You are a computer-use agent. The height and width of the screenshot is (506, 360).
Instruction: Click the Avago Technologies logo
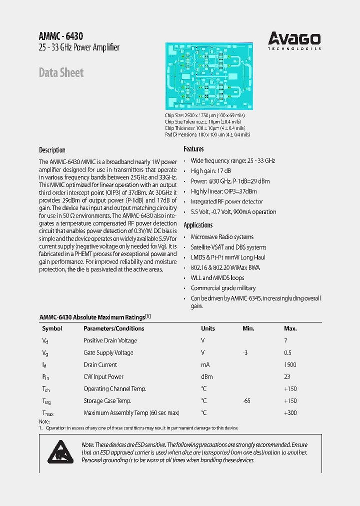[294, 41]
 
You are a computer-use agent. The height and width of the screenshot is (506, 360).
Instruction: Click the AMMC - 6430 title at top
[61, 36]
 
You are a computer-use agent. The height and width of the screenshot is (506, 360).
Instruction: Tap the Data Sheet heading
[61, 72]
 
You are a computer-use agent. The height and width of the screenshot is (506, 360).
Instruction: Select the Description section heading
[52, 150]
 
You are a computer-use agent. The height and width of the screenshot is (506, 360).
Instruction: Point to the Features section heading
[193, 149]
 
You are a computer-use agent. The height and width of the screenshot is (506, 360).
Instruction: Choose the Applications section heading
[198, 225]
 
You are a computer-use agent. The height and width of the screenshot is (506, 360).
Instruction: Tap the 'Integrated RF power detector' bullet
[226, 201]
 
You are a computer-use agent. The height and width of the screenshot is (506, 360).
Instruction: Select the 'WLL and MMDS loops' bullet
[217, 278]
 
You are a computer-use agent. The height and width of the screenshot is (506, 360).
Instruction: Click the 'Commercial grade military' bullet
[222, 288]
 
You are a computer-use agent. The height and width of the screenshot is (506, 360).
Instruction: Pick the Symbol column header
[52, 328]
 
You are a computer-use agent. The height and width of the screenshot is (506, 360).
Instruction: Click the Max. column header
[290, 328]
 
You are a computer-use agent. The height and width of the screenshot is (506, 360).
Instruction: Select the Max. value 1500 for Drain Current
[290, 365]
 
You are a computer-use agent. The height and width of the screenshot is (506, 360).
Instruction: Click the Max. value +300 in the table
[290, 413]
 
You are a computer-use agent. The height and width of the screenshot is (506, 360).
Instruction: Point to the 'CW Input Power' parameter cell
[103, 377]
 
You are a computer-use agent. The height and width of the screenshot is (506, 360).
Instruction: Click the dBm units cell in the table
[207, 377]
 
